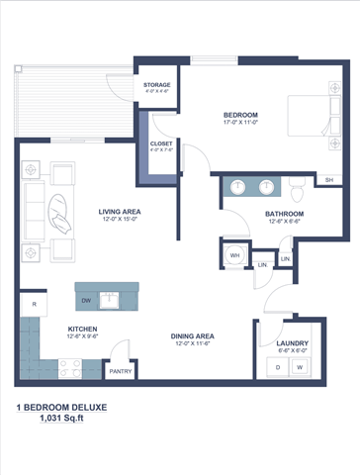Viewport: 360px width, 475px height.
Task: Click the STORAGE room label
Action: tap(156, 85)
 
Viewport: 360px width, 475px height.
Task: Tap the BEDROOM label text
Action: tap(240, 116)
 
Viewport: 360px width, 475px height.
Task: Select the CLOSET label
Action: tap(161, 143)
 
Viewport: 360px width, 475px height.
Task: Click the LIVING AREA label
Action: tap(119, 211)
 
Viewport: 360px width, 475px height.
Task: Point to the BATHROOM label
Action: tap(284, 214)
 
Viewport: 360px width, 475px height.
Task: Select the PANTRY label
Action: tap(121, 371)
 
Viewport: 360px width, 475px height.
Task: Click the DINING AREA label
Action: tap(193, 335)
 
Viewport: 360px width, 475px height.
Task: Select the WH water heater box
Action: tap(235, 254)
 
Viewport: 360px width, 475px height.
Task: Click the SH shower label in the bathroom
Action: tap(327, 180)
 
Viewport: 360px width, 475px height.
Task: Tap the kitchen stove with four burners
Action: tap(70, 367)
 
